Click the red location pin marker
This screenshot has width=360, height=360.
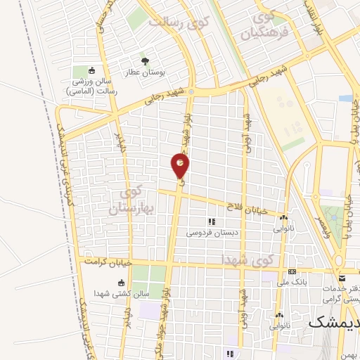pos(180,166)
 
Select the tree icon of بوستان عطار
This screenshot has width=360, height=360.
pos(146,60)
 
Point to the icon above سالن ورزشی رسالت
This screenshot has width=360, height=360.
pos(92,71)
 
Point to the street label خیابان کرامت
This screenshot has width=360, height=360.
pos(108,261)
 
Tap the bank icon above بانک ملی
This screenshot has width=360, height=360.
pos(292,272)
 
